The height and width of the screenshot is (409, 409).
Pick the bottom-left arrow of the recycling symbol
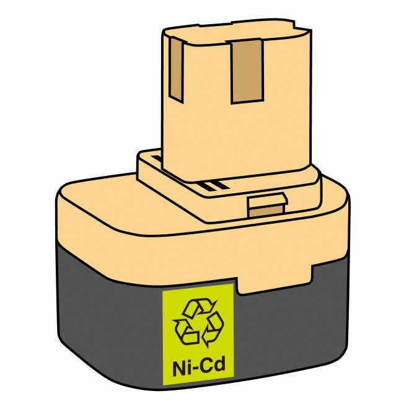point(184,330)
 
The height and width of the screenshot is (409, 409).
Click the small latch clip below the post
point(266,205)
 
